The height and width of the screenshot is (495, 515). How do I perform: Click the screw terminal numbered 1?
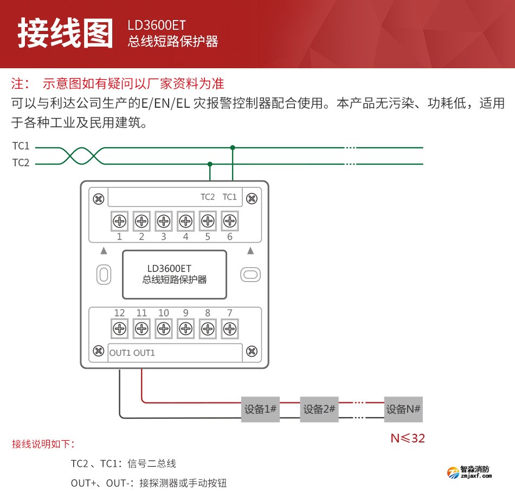coord(119,221)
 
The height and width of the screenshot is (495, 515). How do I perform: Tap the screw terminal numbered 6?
coord(230,221)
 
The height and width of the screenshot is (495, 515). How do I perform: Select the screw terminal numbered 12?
coord(119,328)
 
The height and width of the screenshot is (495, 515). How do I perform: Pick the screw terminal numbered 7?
coord(230,328)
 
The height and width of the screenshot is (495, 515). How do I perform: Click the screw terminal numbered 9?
coord(185,328)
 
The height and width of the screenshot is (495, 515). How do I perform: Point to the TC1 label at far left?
coord(21,147)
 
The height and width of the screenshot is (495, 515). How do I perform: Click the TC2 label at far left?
coord(21,162)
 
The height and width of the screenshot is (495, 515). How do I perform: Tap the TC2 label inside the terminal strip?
coord(208,197)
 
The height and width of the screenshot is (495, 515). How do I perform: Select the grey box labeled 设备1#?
coord(261,409)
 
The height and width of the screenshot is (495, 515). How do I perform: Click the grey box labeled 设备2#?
coord(319,409)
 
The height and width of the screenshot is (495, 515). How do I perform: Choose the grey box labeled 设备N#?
coord(403,409)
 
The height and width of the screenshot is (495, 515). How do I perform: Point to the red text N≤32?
coord(408,438)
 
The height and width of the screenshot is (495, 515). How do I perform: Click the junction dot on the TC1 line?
coord(233,147)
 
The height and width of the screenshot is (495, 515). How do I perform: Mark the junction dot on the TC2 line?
coord(210,164)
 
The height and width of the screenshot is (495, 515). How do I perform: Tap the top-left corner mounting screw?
coord(98,199)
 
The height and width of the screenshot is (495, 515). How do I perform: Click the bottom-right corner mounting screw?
coord(252,351)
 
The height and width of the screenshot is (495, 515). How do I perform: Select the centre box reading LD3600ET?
coord(174,275)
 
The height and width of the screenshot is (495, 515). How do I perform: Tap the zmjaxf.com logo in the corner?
coord(469,473)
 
